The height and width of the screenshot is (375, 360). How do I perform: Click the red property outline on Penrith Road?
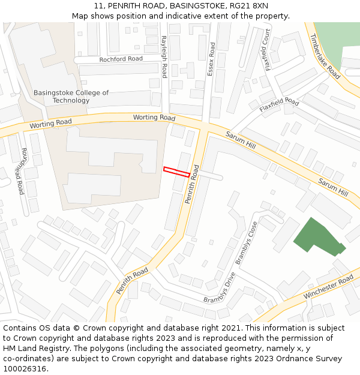(177, 172)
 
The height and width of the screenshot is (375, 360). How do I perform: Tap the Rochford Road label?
(121, 59)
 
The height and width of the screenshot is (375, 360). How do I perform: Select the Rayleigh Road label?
(164, 56)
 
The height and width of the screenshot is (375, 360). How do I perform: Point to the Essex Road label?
(211, 59)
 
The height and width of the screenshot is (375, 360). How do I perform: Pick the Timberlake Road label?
(325, 56)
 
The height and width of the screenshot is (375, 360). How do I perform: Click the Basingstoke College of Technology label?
(71, 97)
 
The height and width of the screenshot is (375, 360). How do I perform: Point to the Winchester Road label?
(329, 287)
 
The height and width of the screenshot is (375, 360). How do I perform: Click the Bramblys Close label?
(247, 242)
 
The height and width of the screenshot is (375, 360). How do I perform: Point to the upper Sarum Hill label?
(241, 142)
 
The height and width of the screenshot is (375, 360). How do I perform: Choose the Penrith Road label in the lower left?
(132, 281)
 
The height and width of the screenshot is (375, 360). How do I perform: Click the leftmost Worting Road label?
(50, 123)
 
